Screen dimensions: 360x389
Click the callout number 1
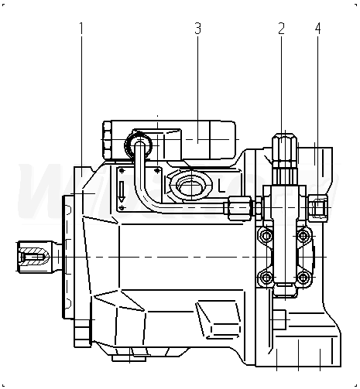coord(81,29)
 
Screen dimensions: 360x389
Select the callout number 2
coord(281,29)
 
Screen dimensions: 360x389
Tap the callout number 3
coord(197,29)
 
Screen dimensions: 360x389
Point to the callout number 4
coord(318,29)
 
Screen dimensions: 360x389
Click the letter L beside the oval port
coord(221,186)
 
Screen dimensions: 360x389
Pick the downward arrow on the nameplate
coord(122,192)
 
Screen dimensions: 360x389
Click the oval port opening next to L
coord(191,186)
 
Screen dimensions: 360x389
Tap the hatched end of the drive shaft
coord(33,257)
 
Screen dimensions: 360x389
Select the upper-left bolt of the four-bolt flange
coord(266,235)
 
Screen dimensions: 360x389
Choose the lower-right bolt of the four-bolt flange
coord(303,278)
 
